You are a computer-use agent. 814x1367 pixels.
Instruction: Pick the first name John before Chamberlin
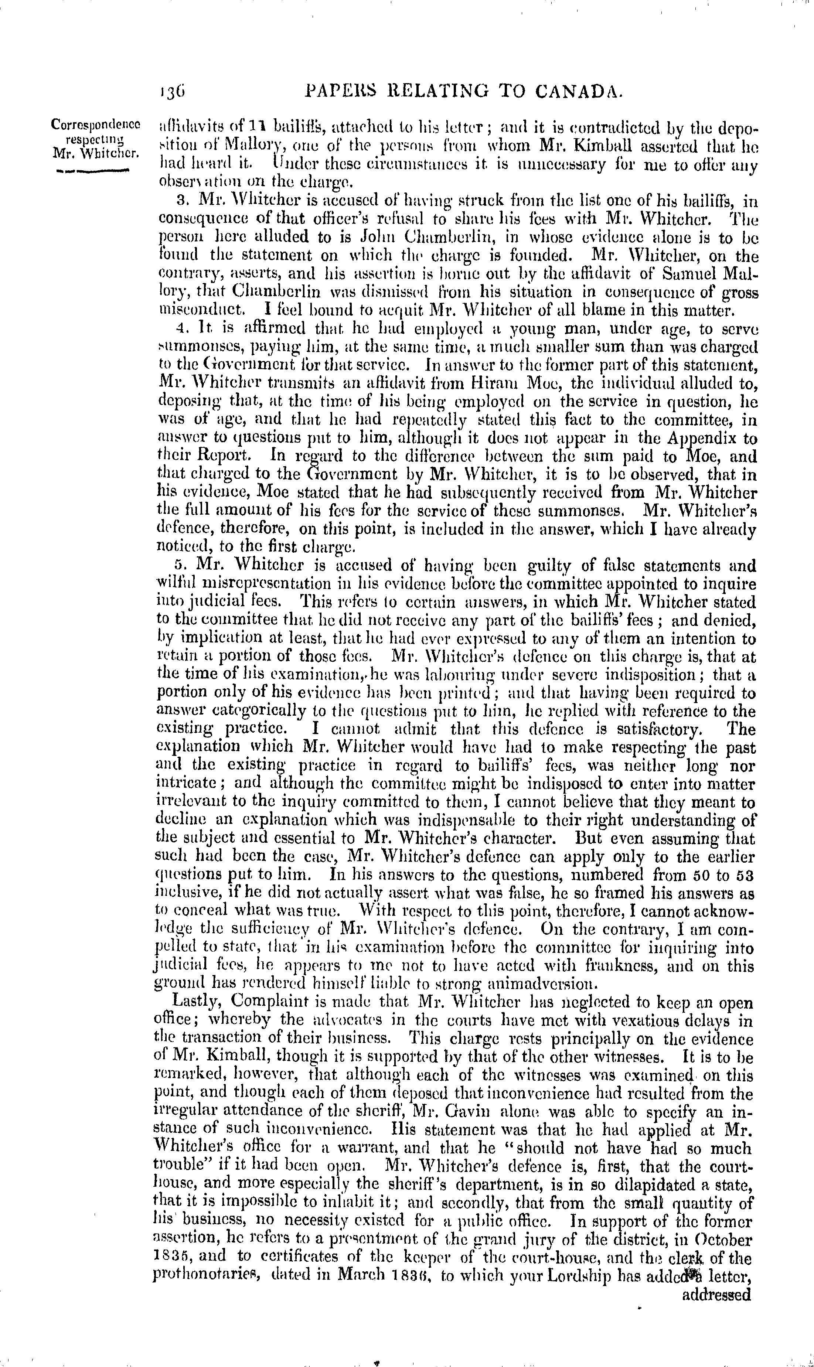[x=361, y=238]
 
